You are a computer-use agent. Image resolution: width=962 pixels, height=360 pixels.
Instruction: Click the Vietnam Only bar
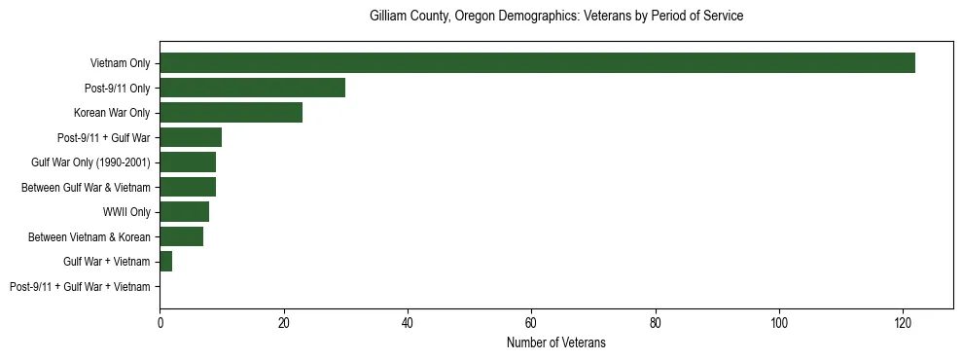pos(537,63)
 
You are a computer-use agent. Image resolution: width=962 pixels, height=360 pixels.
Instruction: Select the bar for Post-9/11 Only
pos(252,88)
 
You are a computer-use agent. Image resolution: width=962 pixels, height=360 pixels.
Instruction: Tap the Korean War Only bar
pos(231,113)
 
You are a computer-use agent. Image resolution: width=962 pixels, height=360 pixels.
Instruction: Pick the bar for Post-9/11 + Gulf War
pos(191,137)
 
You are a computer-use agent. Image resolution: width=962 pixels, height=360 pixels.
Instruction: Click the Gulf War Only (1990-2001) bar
pos(188,162)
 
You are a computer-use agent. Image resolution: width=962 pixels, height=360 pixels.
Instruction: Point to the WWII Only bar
pos(184,212)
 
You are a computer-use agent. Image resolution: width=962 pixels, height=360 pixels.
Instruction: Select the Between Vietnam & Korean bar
pos(181,236)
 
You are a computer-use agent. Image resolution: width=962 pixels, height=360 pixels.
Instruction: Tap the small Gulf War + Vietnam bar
pos(165,262)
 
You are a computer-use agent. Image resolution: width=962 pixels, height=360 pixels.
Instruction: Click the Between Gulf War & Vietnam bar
pos(188,187)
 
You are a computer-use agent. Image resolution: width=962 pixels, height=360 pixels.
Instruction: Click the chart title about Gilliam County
pos(556,17)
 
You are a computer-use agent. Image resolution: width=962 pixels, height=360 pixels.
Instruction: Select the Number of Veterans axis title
pos(556,342)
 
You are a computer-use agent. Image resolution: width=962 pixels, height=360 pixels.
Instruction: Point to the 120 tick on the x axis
pos(903,322)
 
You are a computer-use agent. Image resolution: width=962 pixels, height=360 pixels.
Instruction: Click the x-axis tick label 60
pos(531,322)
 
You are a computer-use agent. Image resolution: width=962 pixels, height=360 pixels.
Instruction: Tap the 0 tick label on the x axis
pos(160,322)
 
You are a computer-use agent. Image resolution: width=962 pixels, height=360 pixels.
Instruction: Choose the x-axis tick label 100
pos(779,322)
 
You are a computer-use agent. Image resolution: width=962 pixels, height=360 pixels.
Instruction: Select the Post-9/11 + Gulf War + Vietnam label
pos(80,287)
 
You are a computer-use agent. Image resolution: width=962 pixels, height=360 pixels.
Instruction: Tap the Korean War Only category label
pos(112,113)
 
